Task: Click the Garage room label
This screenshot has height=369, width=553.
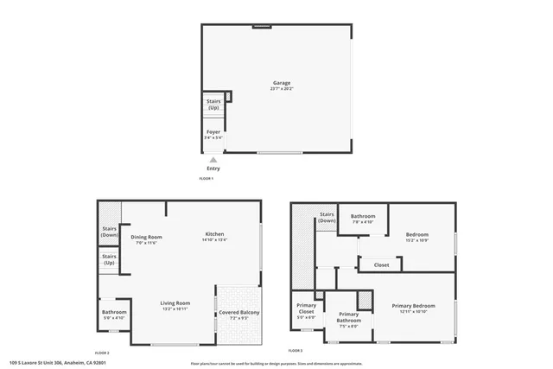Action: tap(281, 84)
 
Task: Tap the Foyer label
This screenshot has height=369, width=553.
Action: tap(213, 133)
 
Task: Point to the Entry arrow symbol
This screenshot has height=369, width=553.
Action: tap(213, 160)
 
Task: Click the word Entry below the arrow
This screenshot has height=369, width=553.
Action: tap(213, 169)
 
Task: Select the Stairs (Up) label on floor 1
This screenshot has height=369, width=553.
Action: tap(213, 105)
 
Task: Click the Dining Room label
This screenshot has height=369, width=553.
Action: tap(147, 237)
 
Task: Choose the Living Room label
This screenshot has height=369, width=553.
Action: tap(175, 303)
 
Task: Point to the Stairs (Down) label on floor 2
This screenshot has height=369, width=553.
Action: tap(109, 232)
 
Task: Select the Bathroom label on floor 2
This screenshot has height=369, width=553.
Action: tap(114, 312)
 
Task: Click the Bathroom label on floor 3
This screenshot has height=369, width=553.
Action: tap(363, 216)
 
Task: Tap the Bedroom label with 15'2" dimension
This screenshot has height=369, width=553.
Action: tap(418, 234)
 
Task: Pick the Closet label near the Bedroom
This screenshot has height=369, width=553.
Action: tap(381, 264)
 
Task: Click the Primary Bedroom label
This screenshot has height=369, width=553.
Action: tap(413, 306)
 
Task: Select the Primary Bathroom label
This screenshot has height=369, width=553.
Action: tap(348, 316)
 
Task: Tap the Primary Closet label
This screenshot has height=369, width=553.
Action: tap(306, 309)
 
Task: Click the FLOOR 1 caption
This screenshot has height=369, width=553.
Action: tap(207, 178)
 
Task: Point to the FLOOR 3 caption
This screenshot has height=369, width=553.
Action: tap(296, 351)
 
